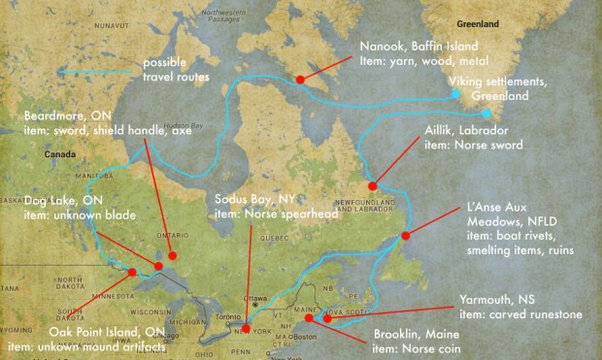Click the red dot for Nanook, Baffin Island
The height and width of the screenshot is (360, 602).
tap(300, 79)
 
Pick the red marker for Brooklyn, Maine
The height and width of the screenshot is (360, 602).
tap(309, 317)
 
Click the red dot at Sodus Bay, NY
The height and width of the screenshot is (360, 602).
tap(246, 328)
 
